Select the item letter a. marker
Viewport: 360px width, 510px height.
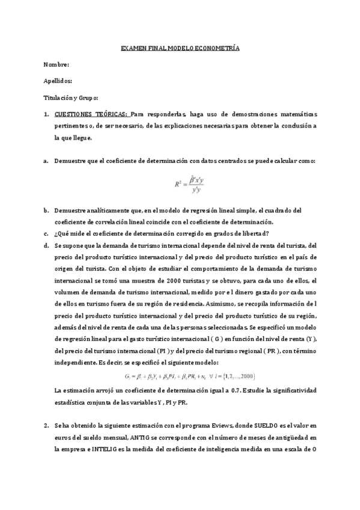tap(46, 161)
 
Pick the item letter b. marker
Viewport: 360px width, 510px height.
tap(46, 210)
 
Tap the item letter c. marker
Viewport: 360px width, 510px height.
tap(46, 234)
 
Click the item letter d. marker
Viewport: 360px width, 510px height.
tap(46, 246)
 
